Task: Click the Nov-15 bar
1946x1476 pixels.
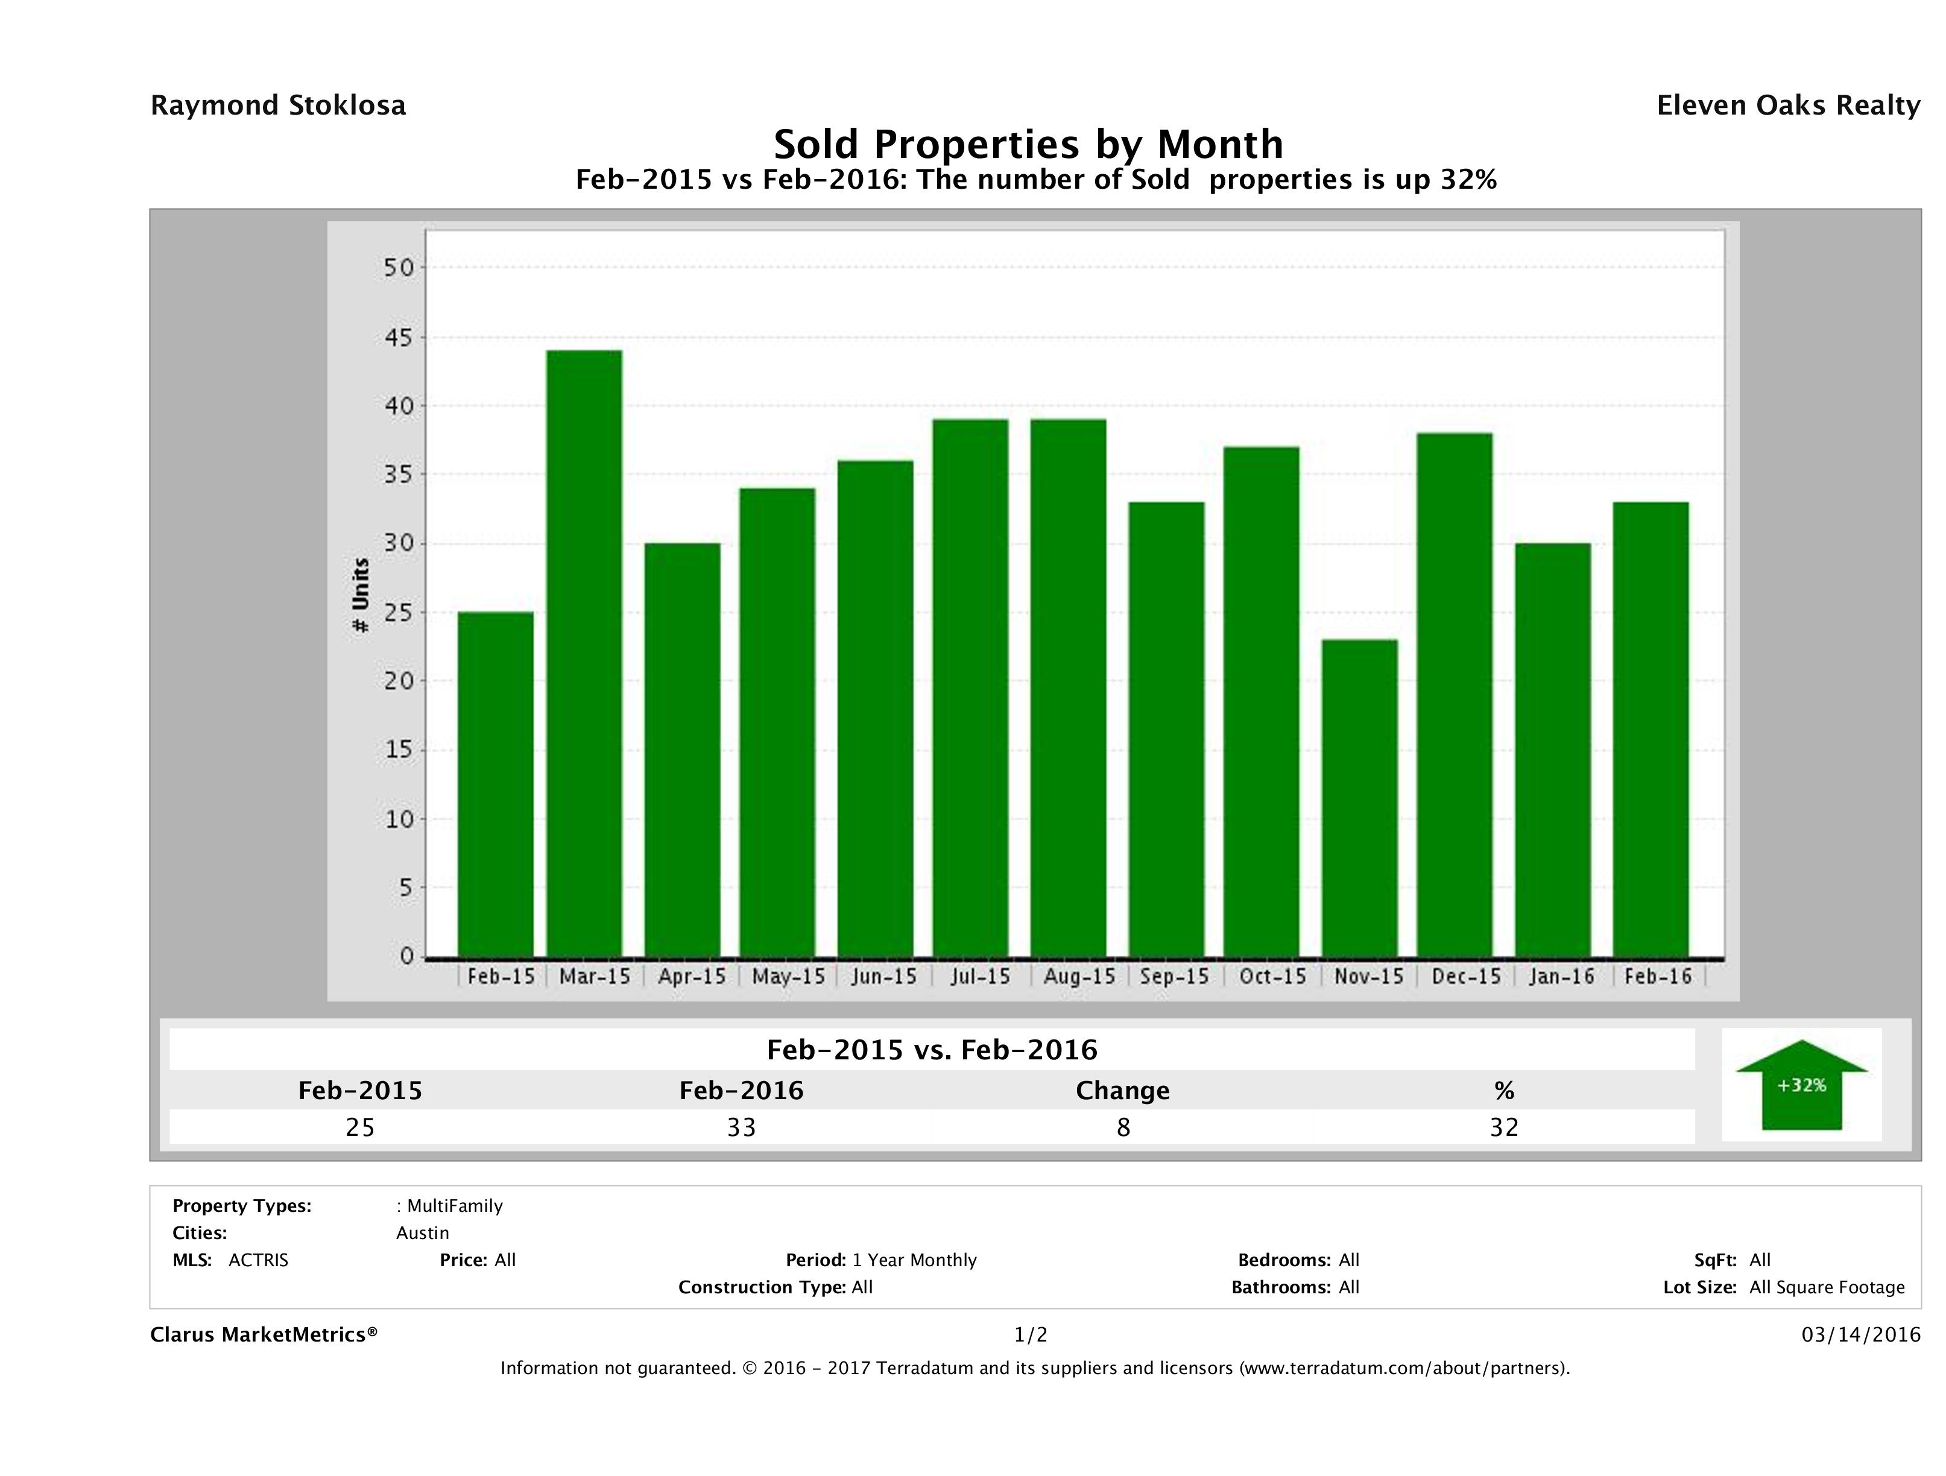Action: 1359,798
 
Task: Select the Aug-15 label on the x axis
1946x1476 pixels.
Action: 1079,976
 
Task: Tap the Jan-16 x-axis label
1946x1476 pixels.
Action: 1561,976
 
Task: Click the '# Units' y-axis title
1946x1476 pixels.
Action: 361,596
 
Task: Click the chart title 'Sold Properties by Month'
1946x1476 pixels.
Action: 1028,143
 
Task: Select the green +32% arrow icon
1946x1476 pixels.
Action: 1801,1085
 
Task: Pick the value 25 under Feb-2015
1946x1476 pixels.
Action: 361,1127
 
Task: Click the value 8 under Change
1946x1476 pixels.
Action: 1123,1127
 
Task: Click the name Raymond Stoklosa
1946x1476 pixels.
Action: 278,106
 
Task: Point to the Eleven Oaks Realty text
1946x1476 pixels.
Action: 1787,106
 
